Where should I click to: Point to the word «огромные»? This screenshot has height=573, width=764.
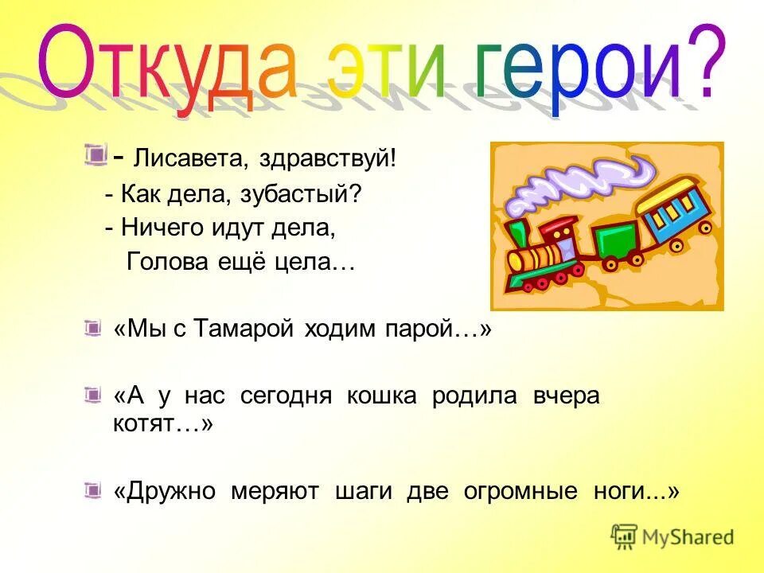click(x=521, y=491)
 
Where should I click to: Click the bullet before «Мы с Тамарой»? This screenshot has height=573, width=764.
click(x=94, y=327)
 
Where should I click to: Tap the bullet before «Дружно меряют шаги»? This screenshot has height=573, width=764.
click(x=94, y=489)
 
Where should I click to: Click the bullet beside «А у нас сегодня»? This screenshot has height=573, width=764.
click(x=94, y=394)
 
